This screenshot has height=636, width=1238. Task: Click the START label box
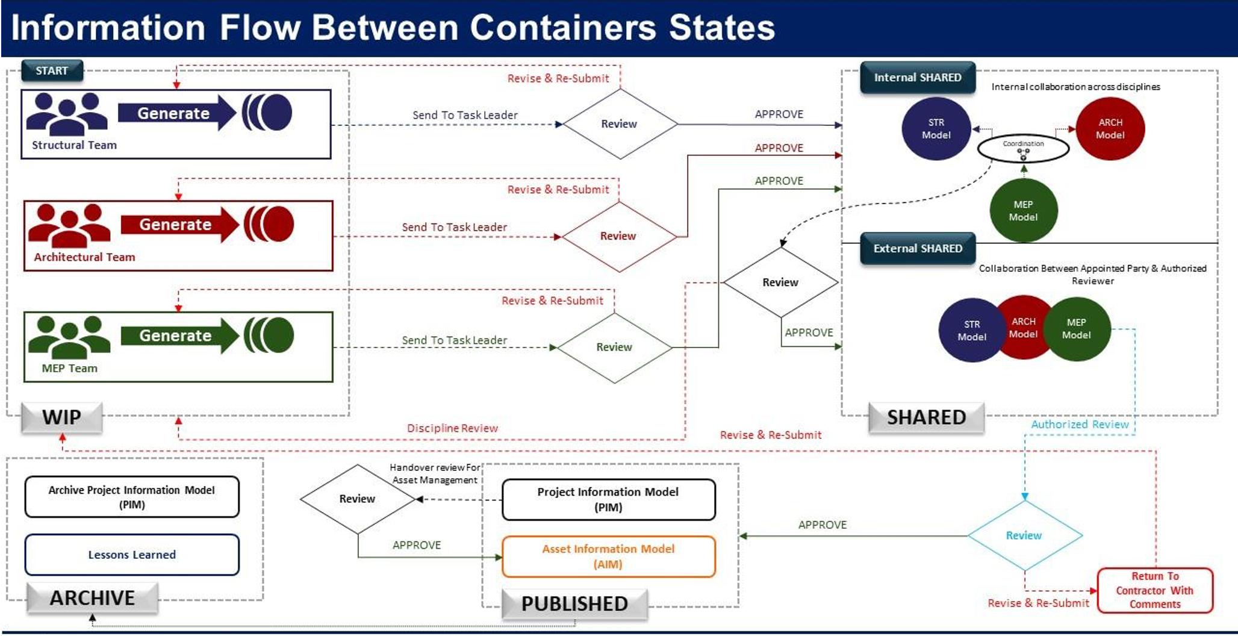pos(52,70)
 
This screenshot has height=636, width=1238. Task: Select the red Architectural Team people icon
pos(69,225)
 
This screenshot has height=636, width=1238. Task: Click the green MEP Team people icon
pos(69,337)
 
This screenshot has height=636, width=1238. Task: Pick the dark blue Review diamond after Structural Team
pos(619,124)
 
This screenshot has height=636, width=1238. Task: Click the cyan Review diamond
pos(1024,535)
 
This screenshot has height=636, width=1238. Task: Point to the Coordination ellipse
pos(1023,148)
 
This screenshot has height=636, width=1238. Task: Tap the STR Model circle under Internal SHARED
pos(936,129)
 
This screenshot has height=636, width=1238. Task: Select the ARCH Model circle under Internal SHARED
pos(1110,129)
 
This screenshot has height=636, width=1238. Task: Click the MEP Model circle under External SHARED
pos(1077,329)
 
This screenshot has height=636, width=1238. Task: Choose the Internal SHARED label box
pos(917,78)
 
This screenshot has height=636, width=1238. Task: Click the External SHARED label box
pos(917,248)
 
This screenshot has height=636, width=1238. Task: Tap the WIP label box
pos(61,417)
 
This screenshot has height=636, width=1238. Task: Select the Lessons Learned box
pos(132,555)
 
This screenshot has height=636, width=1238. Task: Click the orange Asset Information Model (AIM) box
pos(608,556)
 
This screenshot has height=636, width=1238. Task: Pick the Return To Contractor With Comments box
pos(1154,590)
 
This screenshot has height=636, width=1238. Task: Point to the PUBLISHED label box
pos(574,603)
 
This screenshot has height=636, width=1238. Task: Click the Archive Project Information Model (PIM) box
pos(132,497)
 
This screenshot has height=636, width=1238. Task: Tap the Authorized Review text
pos(1080,425)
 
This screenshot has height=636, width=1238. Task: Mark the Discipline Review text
pos(452,428)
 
